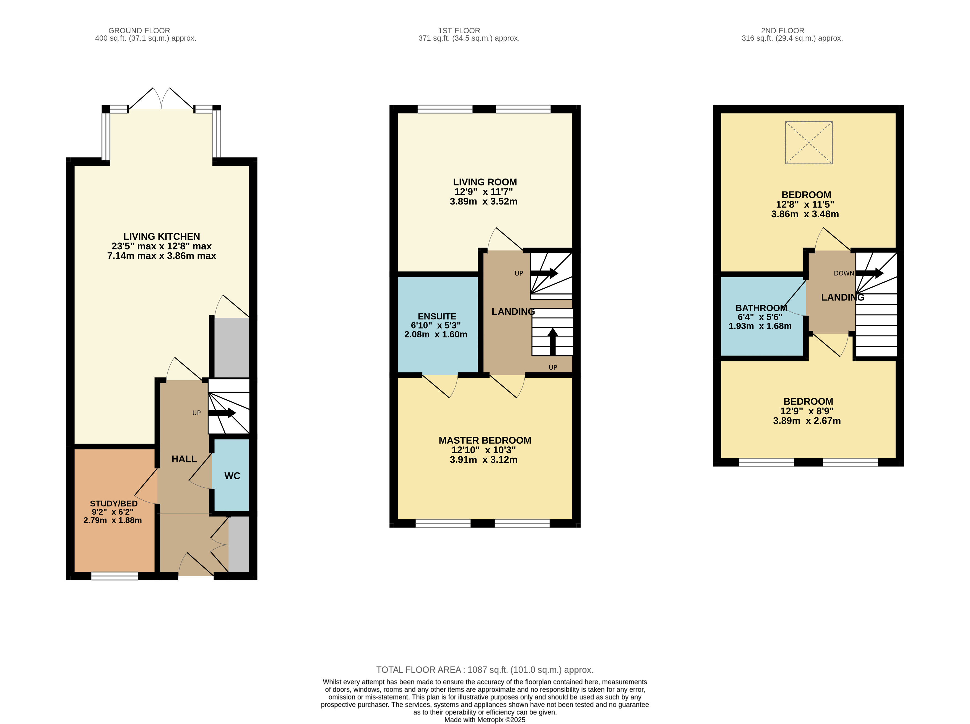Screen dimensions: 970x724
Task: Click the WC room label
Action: [232, 476]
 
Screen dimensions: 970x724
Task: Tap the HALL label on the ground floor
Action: [184, 459]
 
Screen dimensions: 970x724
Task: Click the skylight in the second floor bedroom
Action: [808, 143]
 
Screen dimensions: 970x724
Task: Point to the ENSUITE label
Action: [437, 316]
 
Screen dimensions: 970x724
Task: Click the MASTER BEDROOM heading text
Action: [485, 440]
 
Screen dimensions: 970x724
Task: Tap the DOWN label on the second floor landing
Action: [843, 273]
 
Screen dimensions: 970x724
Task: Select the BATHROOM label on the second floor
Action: [761, 308]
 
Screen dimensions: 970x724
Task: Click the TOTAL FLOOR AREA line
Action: [485, 670]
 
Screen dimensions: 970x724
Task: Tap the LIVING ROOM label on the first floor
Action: [485, 182]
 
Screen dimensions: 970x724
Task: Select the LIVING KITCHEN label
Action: [162, 236]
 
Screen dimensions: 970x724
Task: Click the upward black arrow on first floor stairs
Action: [553, 342]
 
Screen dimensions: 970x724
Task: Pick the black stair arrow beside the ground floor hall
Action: [222, 413]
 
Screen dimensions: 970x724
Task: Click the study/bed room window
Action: [115, 576]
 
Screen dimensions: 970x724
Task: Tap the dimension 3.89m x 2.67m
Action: [807, 421]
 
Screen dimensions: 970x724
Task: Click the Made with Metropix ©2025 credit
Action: [485, 720]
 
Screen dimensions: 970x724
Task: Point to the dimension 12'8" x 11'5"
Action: [805, 204]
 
